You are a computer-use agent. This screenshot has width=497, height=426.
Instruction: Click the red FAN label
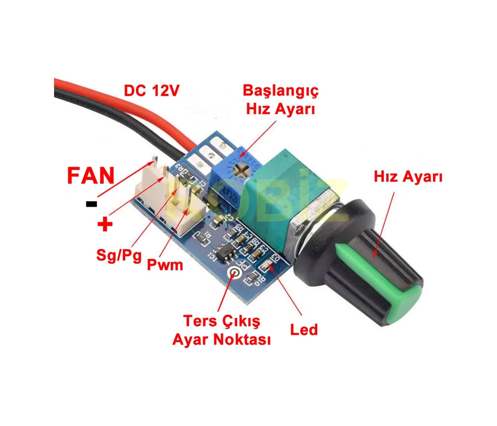[x=91, y=176]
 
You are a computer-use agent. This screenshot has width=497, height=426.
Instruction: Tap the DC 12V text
[x=151, y=91]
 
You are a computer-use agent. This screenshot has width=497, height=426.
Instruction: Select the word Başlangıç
[x=280, y=91]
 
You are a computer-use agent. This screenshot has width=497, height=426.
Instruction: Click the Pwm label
[x=165, y=265]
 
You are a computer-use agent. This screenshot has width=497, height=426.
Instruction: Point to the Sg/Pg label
[x=119, y=255]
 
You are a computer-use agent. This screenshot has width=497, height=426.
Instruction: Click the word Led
[x=304, y=330]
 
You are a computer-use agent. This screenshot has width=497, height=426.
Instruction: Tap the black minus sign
[x=91, y=204]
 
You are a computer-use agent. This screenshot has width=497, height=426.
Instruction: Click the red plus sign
[x=105, y=224]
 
